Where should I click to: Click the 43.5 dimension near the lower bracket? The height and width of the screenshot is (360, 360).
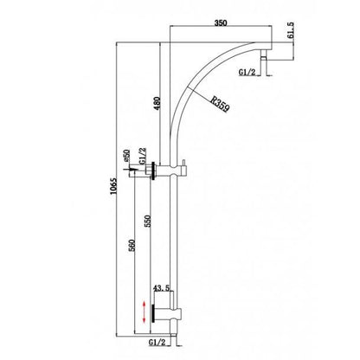tap(160, 288)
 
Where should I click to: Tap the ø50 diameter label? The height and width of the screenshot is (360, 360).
tap(127, 157)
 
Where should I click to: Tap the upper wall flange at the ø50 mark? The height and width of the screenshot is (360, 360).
tap(153, 170)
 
